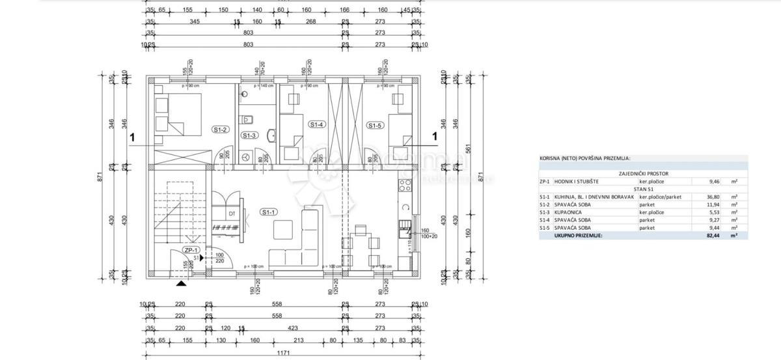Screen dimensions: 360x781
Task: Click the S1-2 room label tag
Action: pos(219,130)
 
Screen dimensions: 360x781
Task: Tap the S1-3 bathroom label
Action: pos(249,135)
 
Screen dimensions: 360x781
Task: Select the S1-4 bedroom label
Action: pos(316,124)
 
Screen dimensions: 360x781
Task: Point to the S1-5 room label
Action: pos(374,126)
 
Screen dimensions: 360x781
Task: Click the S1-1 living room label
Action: pos(267,212)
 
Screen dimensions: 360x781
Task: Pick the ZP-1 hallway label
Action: pos(191,250)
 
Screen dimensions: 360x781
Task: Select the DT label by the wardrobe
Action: pos(231,213)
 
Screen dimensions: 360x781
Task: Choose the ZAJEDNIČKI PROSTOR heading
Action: pos(643,174)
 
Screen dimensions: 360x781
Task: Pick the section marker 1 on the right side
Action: pos(434,137)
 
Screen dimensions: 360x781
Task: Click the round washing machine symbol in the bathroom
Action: pos(247,157)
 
